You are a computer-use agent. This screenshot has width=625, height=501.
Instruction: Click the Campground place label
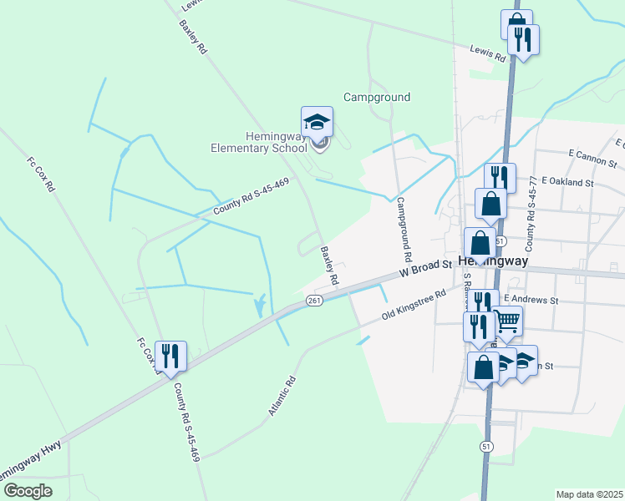click(377, 98)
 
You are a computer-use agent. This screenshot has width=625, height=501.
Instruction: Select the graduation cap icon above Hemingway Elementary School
click(317, 122)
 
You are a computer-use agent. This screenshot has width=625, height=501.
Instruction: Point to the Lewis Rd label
click(489, 54)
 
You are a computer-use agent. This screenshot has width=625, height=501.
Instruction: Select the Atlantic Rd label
click(282, 396)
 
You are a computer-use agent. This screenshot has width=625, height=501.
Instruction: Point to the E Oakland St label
click(567, 181)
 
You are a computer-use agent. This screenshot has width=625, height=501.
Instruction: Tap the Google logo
click(28, 491)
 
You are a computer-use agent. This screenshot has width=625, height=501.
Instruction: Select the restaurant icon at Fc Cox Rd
click(170, 357)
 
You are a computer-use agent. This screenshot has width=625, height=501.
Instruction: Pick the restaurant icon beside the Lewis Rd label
click(523, 38)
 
